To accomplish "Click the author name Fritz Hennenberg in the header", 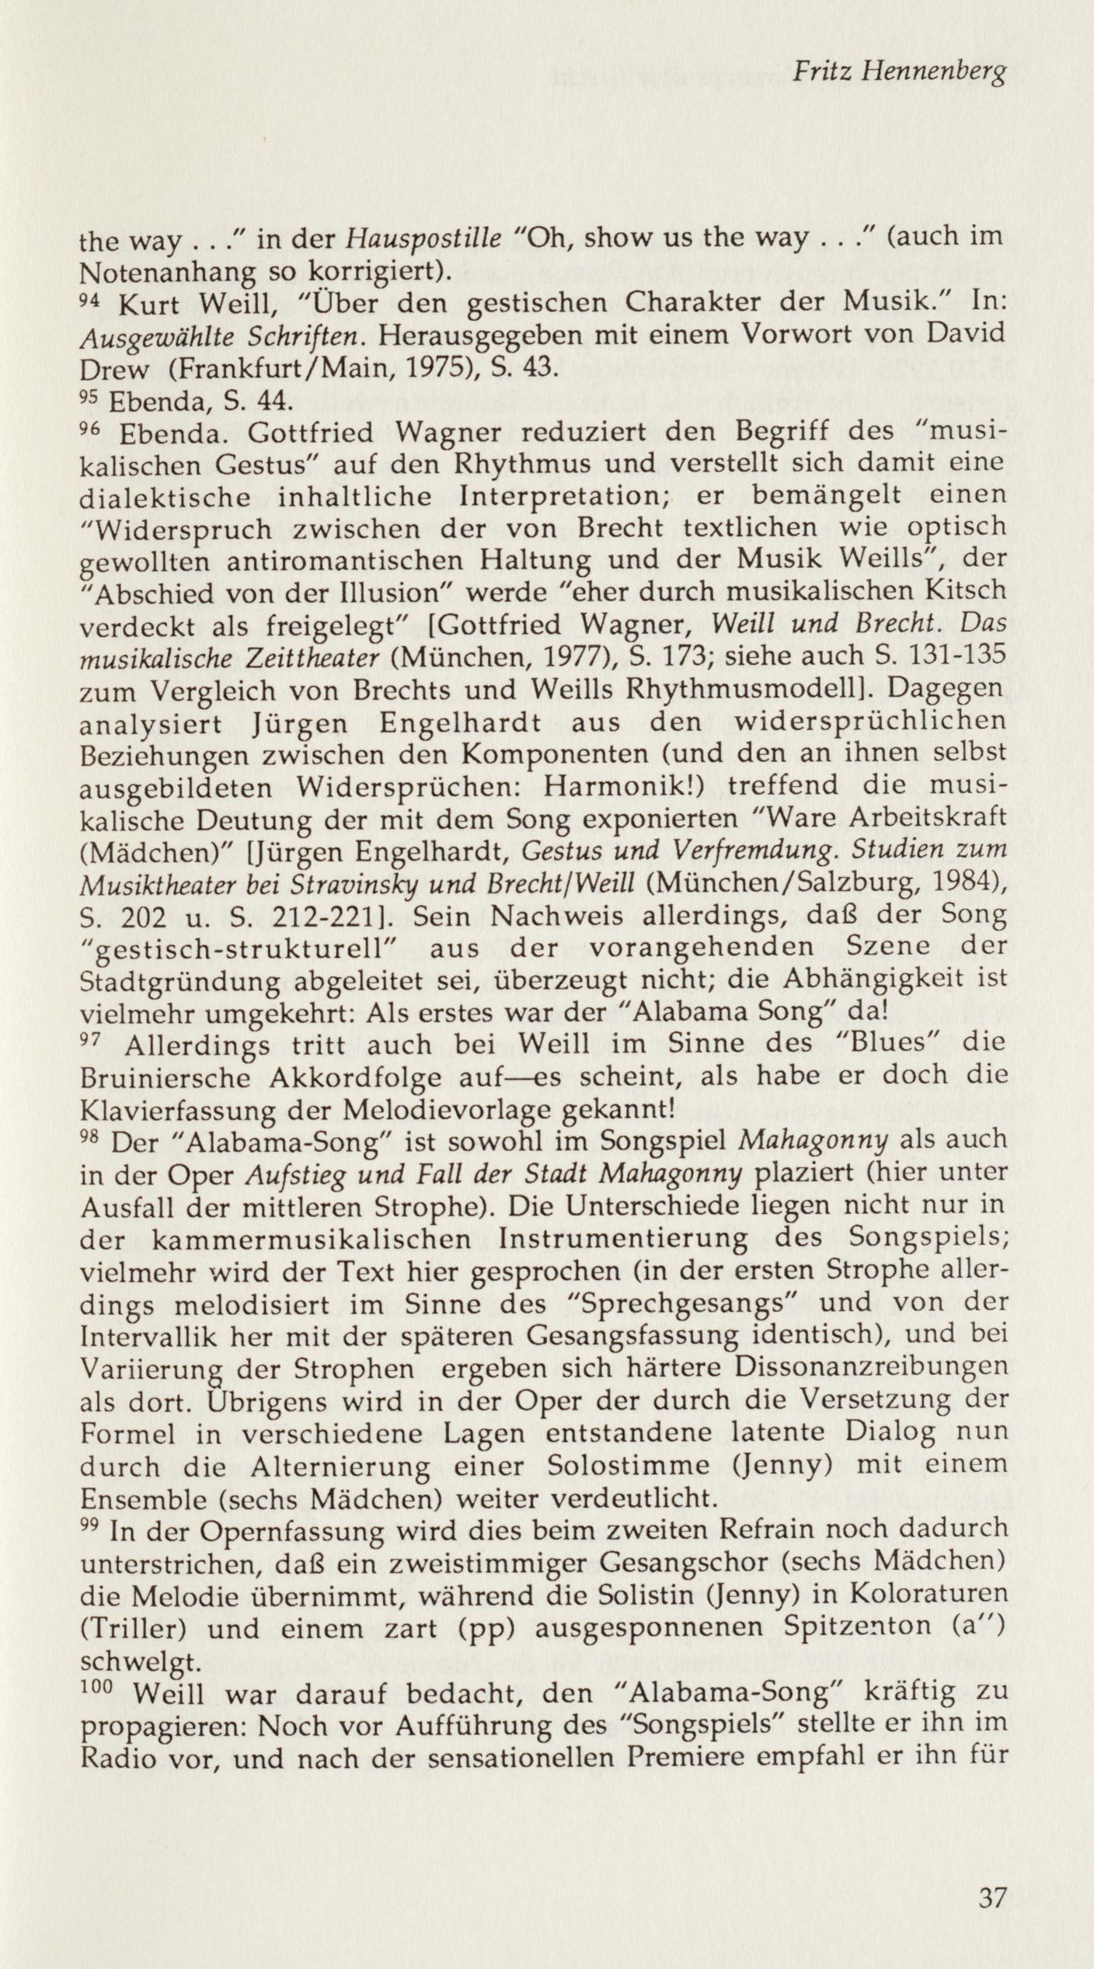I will [x=898, y=74].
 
